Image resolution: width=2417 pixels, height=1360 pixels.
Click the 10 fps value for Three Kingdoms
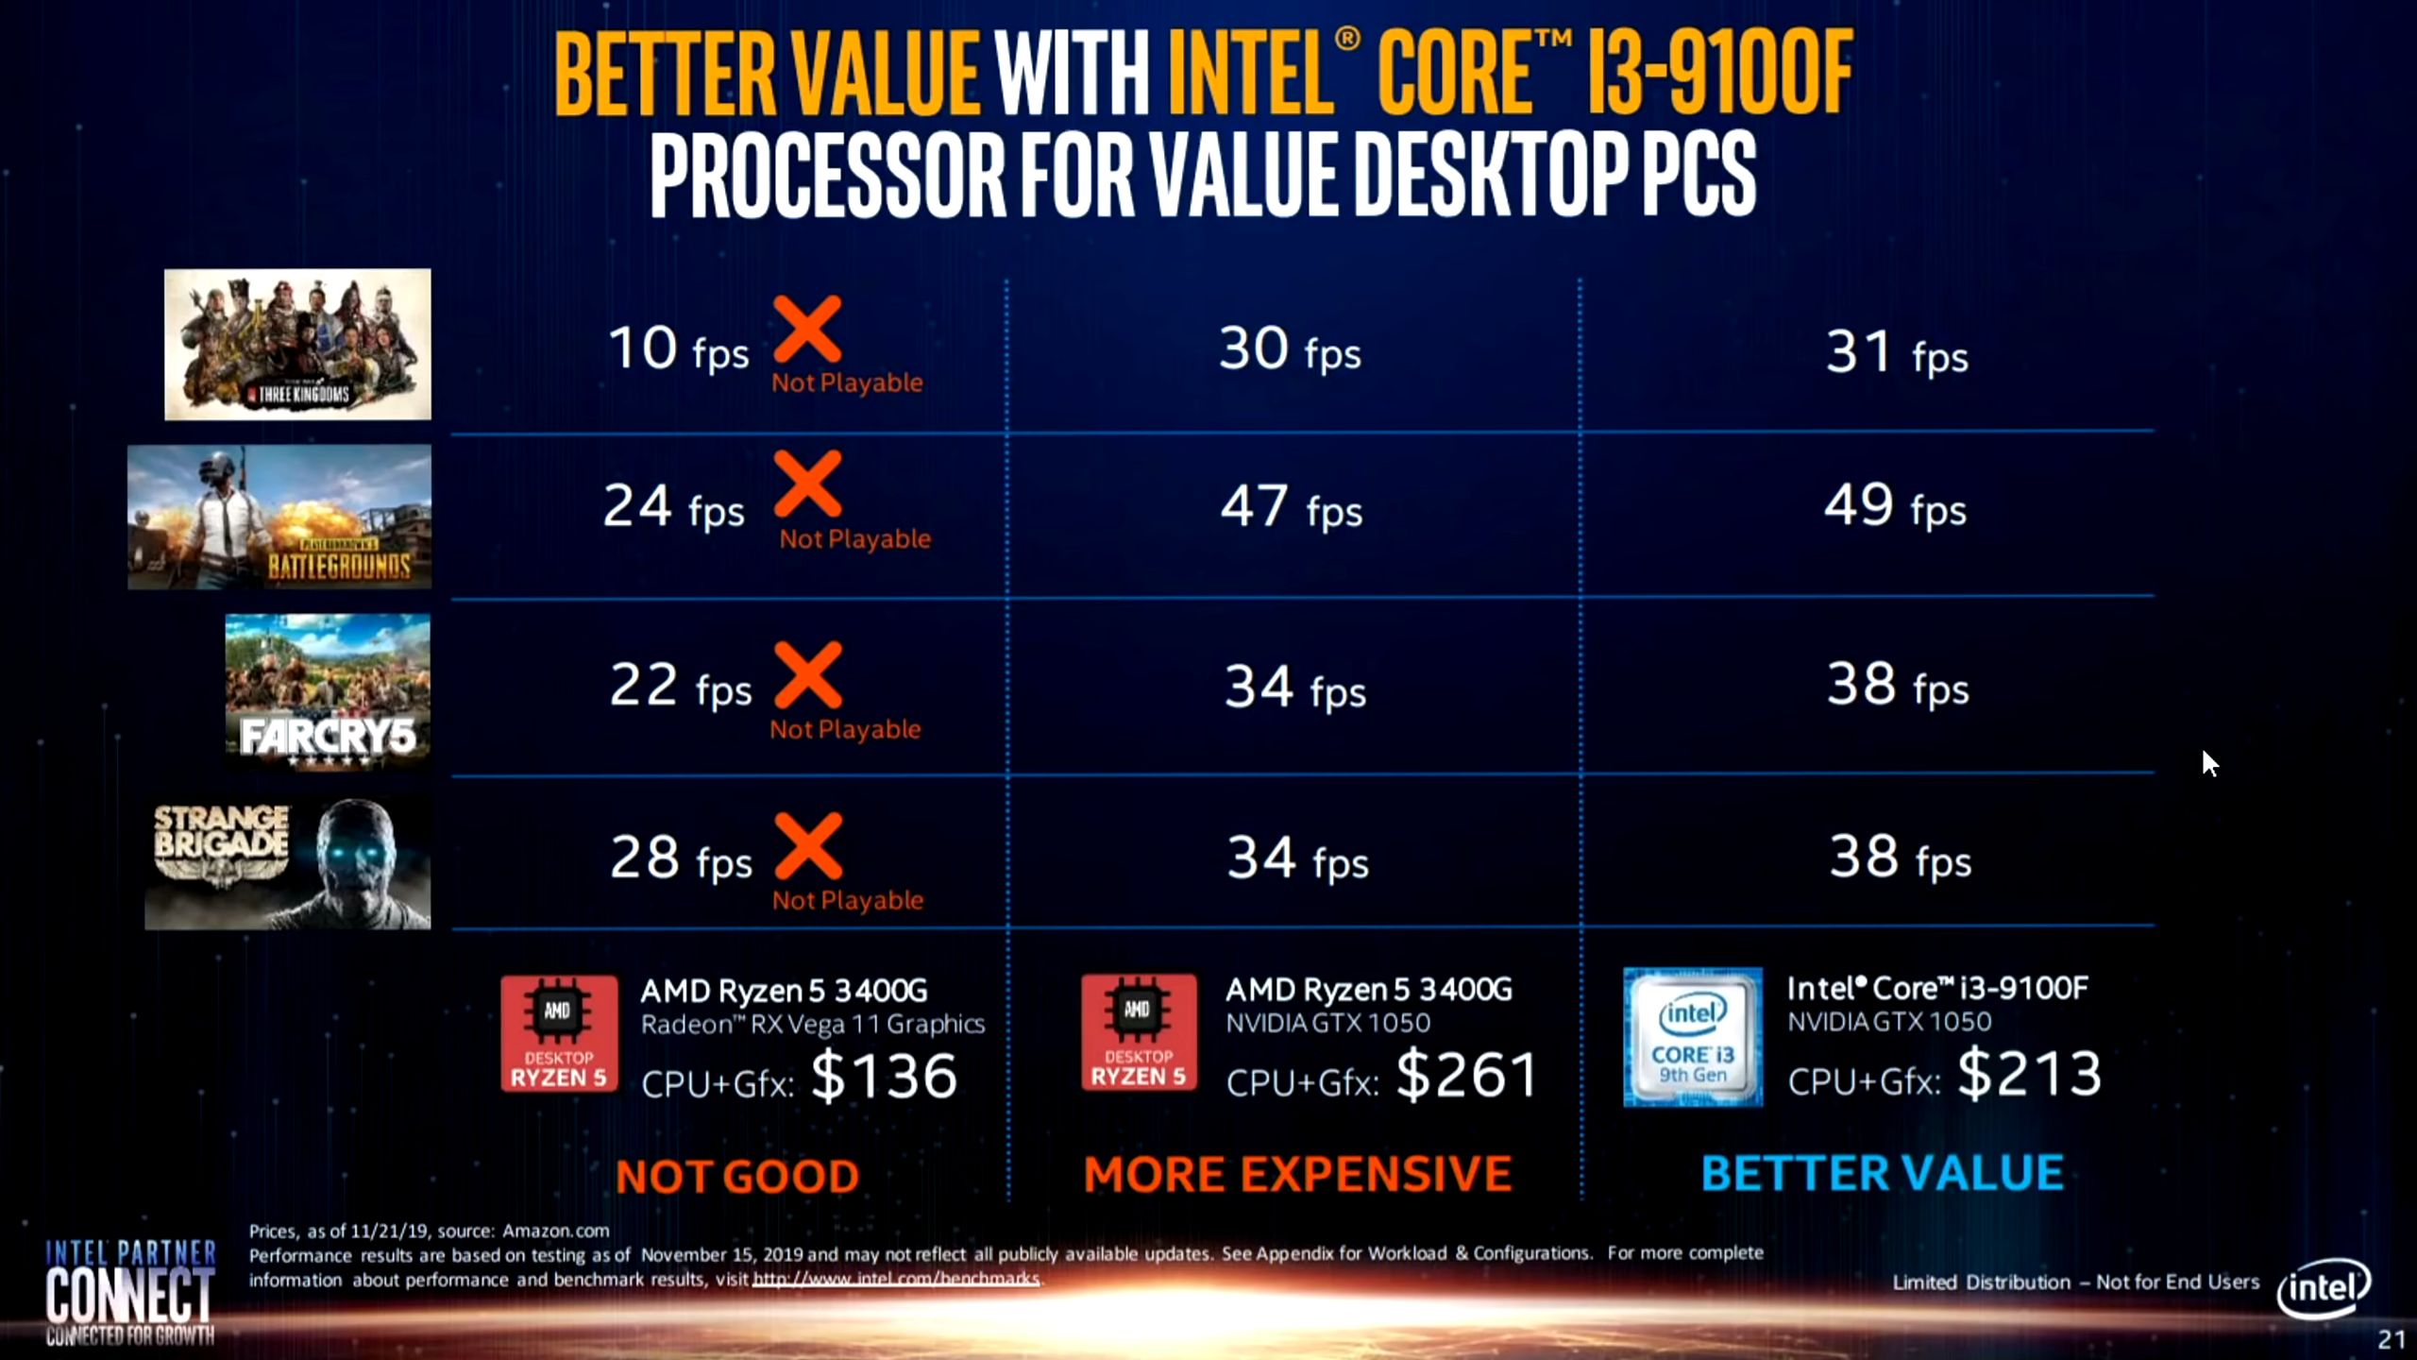(678, 348)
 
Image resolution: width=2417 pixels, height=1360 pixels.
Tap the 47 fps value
(1291, 507)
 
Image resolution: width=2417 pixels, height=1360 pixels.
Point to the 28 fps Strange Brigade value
(680, 858)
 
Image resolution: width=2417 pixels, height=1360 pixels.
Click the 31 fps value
(1896, 352)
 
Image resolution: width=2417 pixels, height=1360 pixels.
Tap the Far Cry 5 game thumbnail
(328, 690)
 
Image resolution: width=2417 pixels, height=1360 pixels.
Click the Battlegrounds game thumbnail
(279, 518)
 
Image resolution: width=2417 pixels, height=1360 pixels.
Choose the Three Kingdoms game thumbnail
(297, 345)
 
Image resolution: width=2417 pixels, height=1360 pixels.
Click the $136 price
(884, 1077)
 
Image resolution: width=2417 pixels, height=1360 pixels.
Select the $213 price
(2029, 1074)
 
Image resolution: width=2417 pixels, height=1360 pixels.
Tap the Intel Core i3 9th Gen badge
(1692, 1037)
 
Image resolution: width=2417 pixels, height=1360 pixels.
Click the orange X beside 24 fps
(808, 484)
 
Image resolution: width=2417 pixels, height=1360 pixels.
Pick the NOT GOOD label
(737, 1176)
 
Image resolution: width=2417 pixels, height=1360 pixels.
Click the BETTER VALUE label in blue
(1882, 1173)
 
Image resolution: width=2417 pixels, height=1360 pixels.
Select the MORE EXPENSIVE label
(1297, 1174)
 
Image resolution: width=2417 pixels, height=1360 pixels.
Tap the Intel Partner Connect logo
(130, 1292)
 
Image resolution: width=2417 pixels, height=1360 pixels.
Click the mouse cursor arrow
(2209, 763)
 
